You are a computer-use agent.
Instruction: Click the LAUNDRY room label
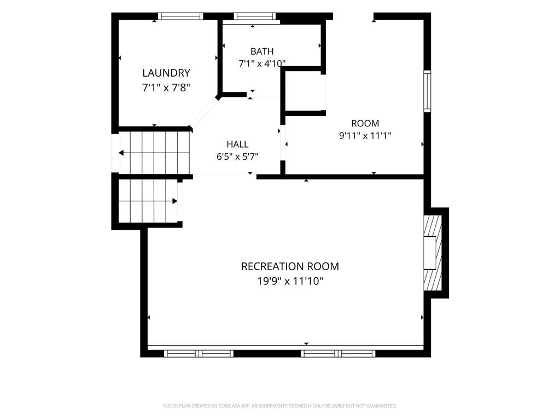click(166, 73)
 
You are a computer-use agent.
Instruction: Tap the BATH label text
click(262, 51)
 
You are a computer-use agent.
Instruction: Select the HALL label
click(237, 144)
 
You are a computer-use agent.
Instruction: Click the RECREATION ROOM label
click(290, 266)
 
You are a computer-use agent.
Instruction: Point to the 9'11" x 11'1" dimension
click(365, 136)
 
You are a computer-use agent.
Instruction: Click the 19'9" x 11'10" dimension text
click(290, 282)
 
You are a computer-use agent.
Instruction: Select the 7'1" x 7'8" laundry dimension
click(166, 87)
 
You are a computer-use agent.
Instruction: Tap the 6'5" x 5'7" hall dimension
click(237, 157)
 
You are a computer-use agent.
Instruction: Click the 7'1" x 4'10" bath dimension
click(262, 63)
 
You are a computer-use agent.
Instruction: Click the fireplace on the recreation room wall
click(433, 253)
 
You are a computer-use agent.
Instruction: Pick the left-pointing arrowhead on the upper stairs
click(121, 153)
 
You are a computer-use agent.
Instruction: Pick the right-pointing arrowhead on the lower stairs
click(175, 201)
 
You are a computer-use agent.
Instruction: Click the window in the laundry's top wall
click(180, 16)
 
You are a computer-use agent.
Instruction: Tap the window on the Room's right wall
click(427, 91)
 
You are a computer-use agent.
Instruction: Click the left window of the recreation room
click(199, 354)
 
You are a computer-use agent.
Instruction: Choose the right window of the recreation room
click(338, 354)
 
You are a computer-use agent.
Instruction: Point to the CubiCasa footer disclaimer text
click(280, 406)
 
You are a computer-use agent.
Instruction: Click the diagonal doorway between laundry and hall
click(205, 113)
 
